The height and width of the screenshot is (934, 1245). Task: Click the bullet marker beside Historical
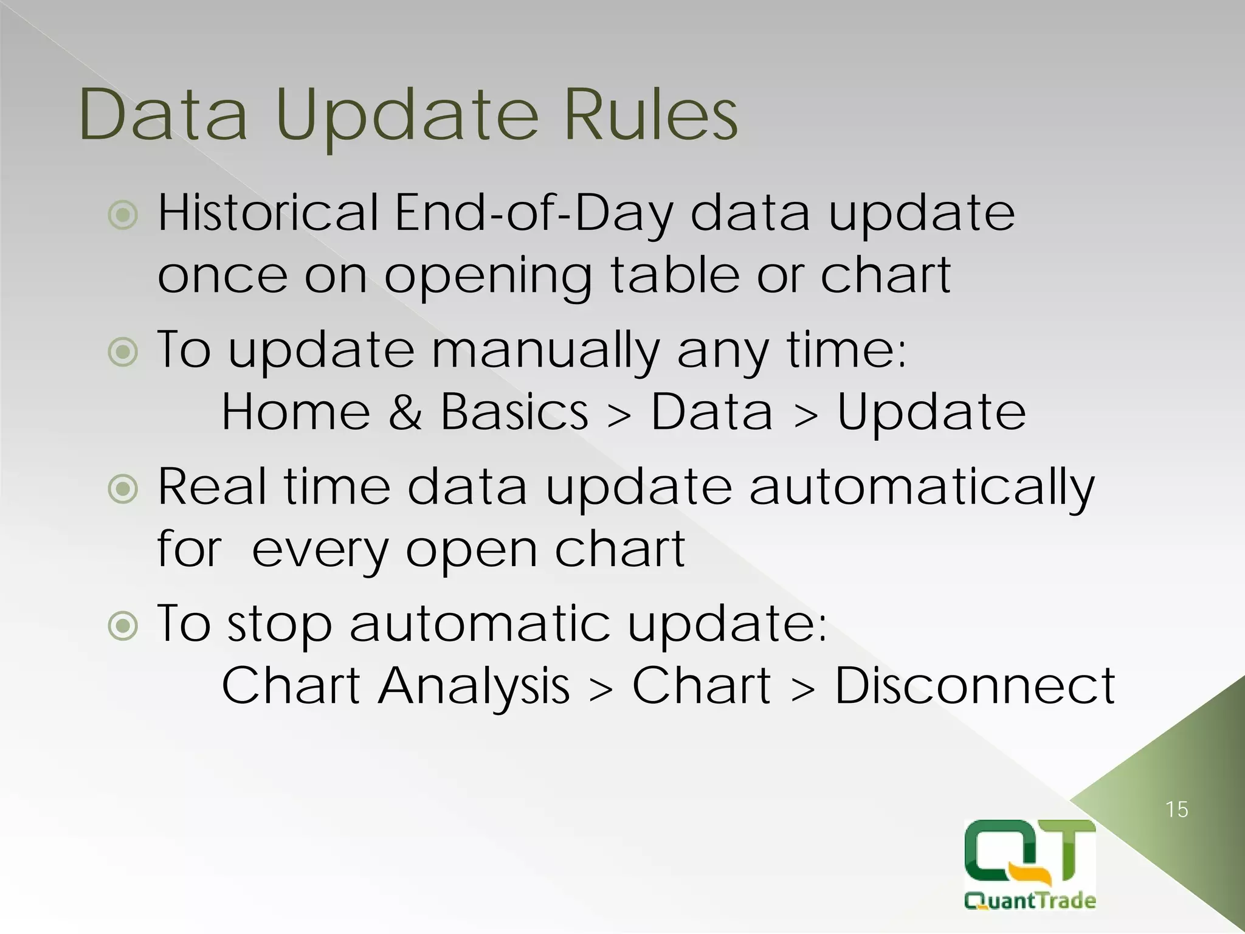pyautogui.click(x=123, y=215)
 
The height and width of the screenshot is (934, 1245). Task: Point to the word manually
pyautogui.click(x=545, y=351)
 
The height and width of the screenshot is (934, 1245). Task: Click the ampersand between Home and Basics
pyautogui.click(x=405, y=412)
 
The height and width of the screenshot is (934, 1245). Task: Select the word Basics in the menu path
pyautogui.click(x=514, y=412)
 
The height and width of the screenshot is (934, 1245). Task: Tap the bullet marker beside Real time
pyautogui.click(x=123, y=489)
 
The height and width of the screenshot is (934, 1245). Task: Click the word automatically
pyautogui.click(x=921, y=488)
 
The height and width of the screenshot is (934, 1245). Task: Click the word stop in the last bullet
pyautogui.click(x=279, y=625)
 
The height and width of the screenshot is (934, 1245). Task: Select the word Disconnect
pyautogui.click(x=974, y=686)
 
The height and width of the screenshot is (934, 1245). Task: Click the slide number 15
pyautogui.click(x=1176, y=810)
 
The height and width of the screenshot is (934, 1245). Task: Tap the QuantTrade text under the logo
pyautogui.click(x=1030, y=900)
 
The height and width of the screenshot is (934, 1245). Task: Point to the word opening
pyautogui.click(x=488, y=277)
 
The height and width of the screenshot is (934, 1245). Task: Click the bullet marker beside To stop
pyautogui.click(x=123, y=626)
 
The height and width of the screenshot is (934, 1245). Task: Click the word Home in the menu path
pyautogui.click(x=295, y=412)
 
